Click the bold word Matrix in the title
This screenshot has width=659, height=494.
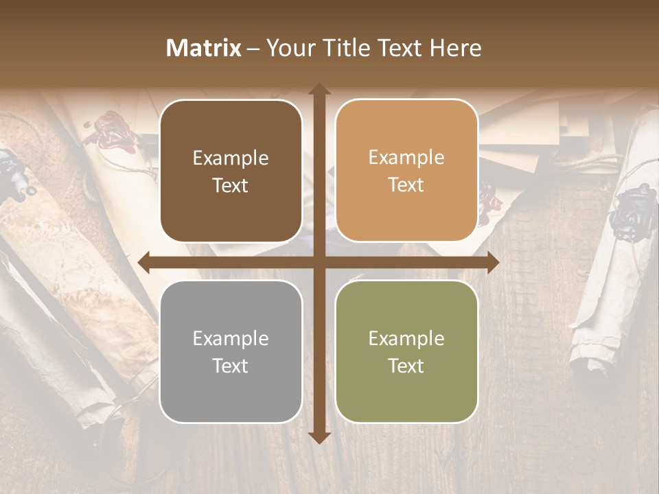click(x=204, y=48)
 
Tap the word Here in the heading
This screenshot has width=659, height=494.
click(x=455, y=48)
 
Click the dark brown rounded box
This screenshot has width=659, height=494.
click(x=231, y=171)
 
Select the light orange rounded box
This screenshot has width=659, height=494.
click(x=406, y=171)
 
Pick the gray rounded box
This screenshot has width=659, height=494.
click(x=231, y=351)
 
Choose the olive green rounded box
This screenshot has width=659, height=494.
click(x=406, y=351)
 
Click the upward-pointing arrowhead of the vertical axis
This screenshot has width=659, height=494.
click(x=319, y=90)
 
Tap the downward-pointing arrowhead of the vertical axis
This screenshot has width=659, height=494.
click(x=319, y=437)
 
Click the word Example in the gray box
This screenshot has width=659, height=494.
click(x=231, y=338)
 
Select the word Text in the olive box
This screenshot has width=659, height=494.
click(x=406, y=366)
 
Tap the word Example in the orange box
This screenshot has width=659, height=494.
click(x=406, y=158)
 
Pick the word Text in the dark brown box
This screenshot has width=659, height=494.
click(x=231, y=185)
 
